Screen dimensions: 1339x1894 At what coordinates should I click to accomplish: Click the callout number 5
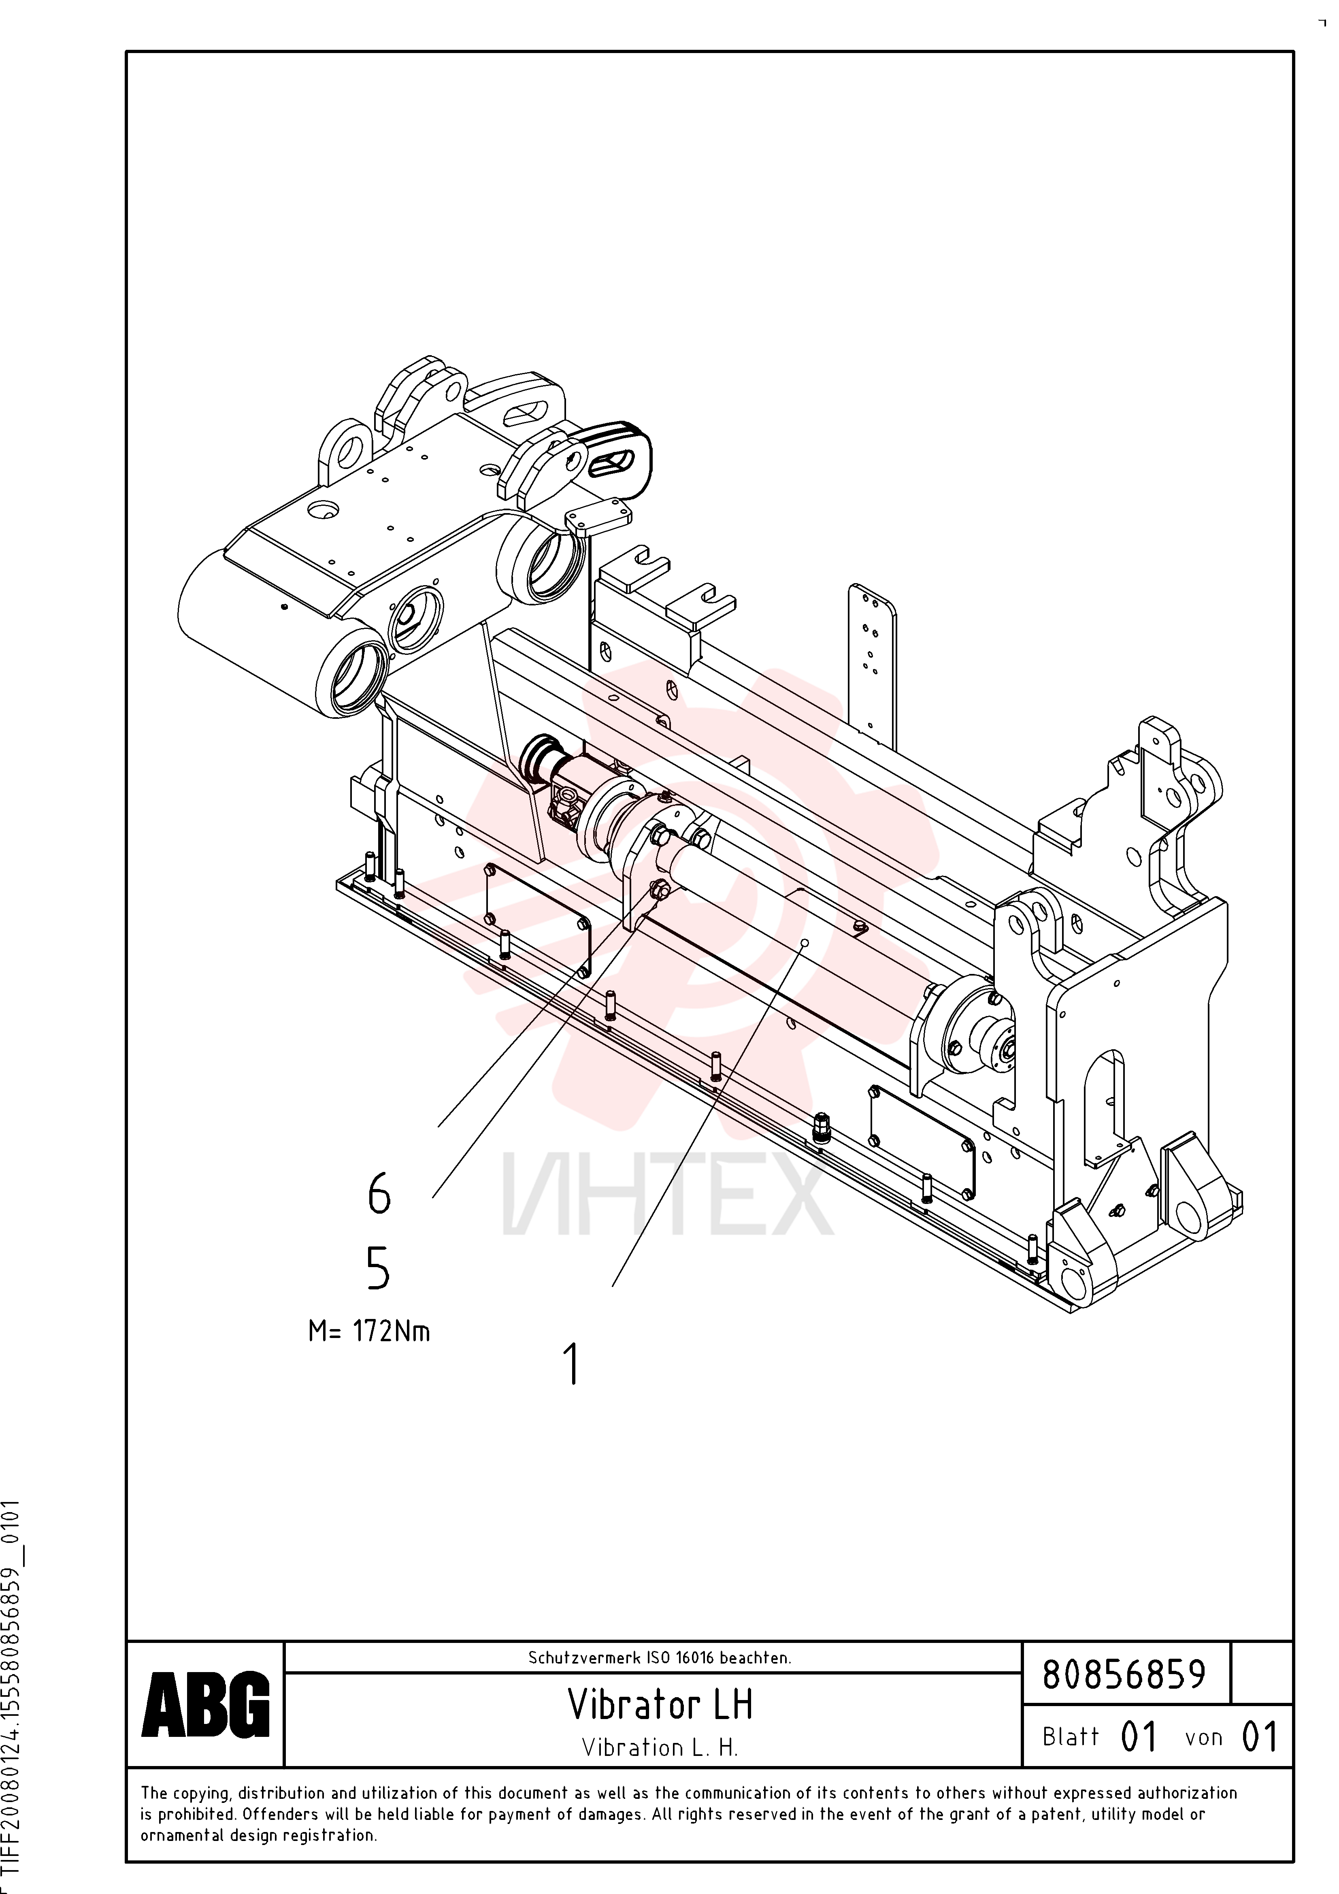click(x=378, y=1268)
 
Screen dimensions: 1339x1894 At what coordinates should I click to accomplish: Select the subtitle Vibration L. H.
click(x=660, y=1747)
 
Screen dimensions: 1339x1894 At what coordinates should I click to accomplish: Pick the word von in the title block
click(x=1204, y=1738)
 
